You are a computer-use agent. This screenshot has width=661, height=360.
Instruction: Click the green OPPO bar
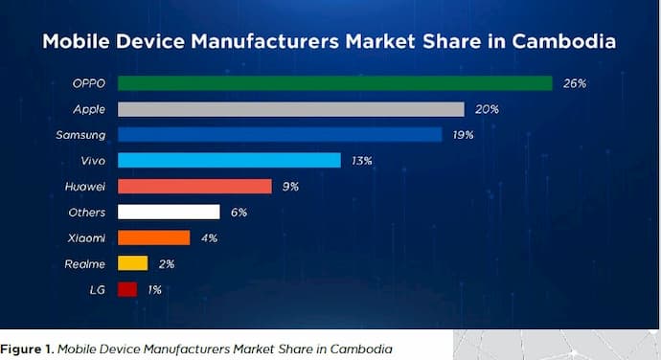tap(334, 83)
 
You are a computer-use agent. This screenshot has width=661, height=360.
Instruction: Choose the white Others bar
tap(168, 212)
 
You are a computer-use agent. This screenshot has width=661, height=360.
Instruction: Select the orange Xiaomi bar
tap(153, 237)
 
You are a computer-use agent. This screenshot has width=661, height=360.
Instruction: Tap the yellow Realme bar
tap(132, 263)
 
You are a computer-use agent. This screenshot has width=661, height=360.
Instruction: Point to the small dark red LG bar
tap(126, 289)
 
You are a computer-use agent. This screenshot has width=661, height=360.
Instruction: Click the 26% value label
tap(574, 83)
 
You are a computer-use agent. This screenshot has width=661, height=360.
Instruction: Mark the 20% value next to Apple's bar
tap(487, 109)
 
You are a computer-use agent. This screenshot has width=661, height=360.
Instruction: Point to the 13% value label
tap(361, 160)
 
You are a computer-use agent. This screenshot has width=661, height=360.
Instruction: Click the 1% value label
tap(153, 289)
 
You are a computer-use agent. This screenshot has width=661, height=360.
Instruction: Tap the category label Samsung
tap(81, 135)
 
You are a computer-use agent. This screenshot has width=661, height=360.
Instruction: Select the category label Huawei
tap(84, 186)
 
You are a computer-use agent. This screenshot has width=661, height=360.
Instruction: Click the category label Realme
tap(86, 263)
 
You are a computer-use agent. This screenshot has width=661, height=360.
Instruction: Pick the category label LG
tap(98, 289)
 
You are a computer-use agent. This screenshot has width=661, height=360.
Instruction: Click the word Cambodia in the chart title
tap(564, 42)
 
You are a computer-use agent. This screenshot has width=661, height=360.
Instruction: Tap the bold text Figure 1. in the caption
tap(28, 348)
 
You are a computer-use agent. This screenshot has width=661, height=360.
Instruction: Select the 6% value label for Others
tap(239, 212)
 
